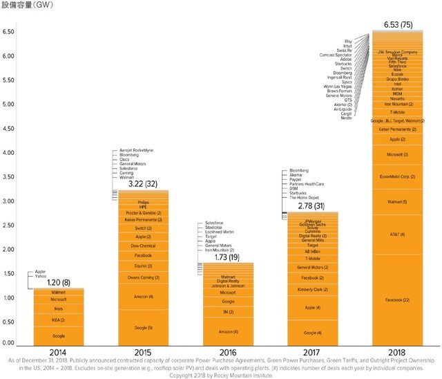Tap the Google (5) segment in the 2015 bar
click(144, 327)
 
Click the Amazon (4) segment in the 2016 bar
click(228, 333)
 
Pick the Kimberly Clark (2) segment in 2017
click(312, 289)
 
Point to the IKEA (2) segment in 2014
click(59, 320)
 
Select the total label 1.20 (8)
click(59, 282)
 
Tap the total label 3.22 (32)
click(144, 184)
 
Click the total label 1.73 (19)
click(228, 257)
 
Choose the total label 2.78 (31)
click(312, 206)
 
